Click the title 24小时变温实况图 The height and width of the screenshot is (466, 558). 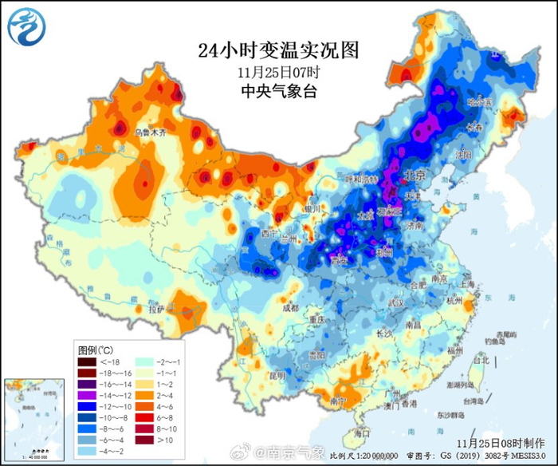coord(278,49)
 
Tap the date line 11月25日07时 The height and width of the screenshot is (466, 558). coord(278,72)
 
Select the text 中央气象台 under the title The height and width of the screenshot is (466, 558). coord(278,91)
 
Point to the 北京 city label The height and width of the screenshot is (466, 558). coord(415,174)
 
